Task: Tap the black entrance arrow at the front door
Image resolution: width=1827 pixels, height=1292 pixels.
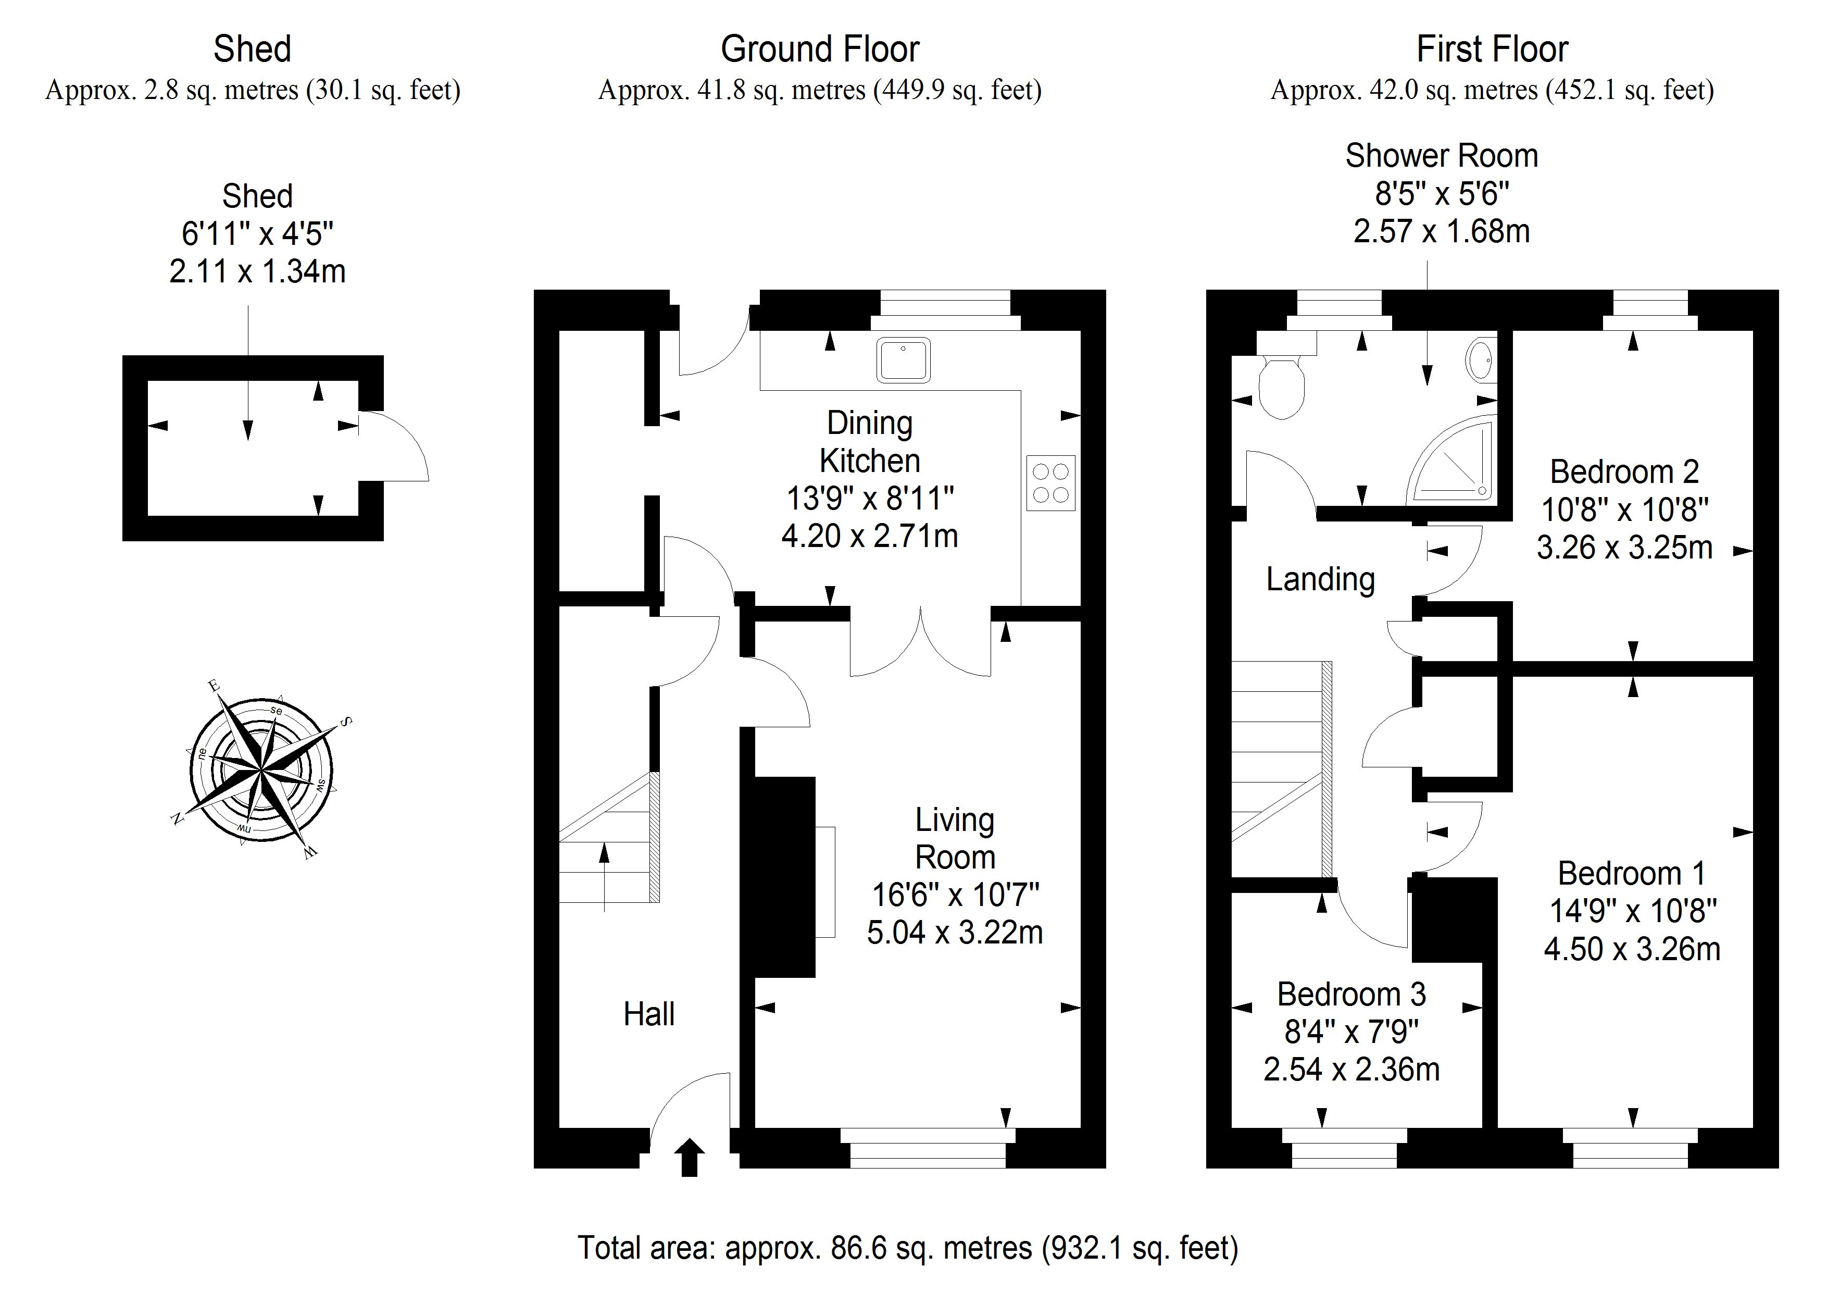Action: [x=689, y=1157]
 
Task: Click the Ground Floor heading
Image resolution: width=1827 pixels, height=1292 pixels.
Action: [x=820, y=49]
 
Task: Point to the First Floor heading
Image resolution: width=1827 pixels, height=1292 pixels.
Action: [x=1492, y=49]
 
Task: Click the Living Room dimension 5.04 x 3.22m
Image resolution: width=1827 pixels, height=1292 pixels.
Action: [x=955, y=932]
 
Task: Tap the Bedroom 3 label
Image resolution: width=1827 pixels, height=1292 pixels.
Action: [x=1351, y=995]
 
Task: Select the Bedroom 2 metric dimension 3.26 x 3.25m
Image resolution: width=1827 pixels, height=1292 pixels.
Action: [x=1624, y=548]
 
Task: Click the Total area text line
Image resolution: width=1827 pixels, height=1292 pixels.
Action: [x=908, y=1248]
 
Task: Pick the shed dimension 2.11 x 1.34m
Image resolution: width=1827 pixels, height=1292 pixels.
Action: [x=257, y=271]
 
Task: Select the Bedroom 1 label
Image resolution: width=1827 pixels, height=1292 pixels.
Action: [x=1631, y=873]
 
